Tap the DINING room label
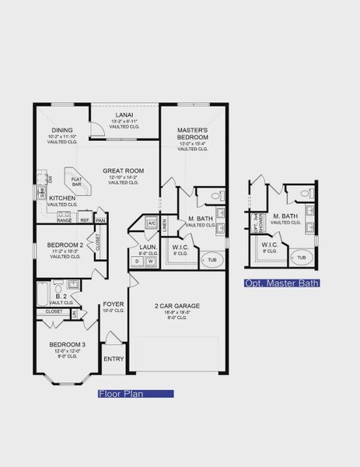[x=61, y=131]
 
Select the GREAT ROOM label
[x=121, y=170]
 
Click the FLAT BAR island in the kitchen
[x=78, y=182]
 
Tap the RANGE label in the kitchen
[x=65, y=220]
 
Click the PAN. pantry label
[x=100, y=220]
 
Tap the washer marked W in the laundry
[x=150, y=262]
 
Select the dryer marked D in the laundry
[x=138, y=262]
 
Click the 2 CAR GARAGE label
[x=177, y=306]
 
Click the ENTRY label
[x=114, y=359]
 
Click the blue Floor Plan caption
[x=135, y=395]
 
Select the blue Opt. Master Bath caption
[x=281, y=283]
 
